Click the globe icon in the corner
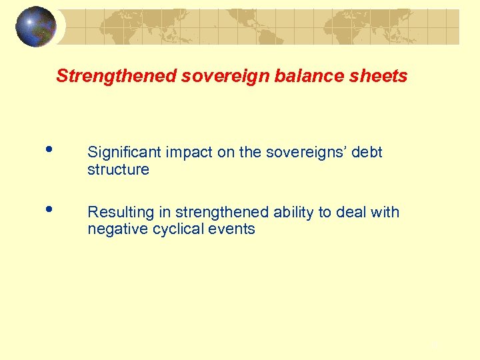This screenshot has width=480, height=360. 36,27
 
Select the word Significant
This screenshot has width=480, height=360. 125,153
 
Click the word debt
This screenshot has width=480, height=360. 367,153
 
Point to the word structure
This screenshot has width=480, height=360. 118,170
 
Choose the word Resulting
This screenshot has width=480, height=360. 121,213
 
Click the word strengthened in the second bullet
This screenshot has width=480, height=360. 221,213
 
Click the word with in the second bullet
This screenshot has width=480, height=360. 387,213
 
